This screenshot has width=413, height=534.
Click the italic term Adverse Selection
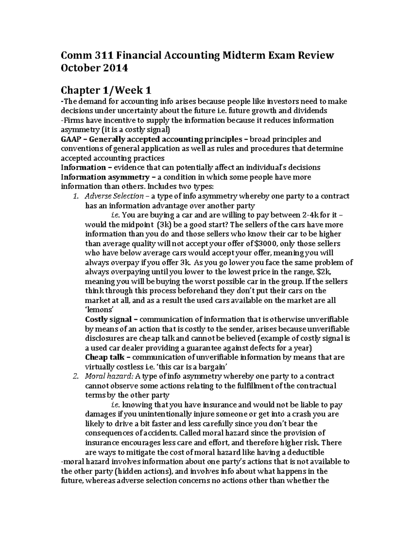tap(114, 196)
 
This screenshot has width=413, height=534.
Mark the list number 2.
tap(76, 376)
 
